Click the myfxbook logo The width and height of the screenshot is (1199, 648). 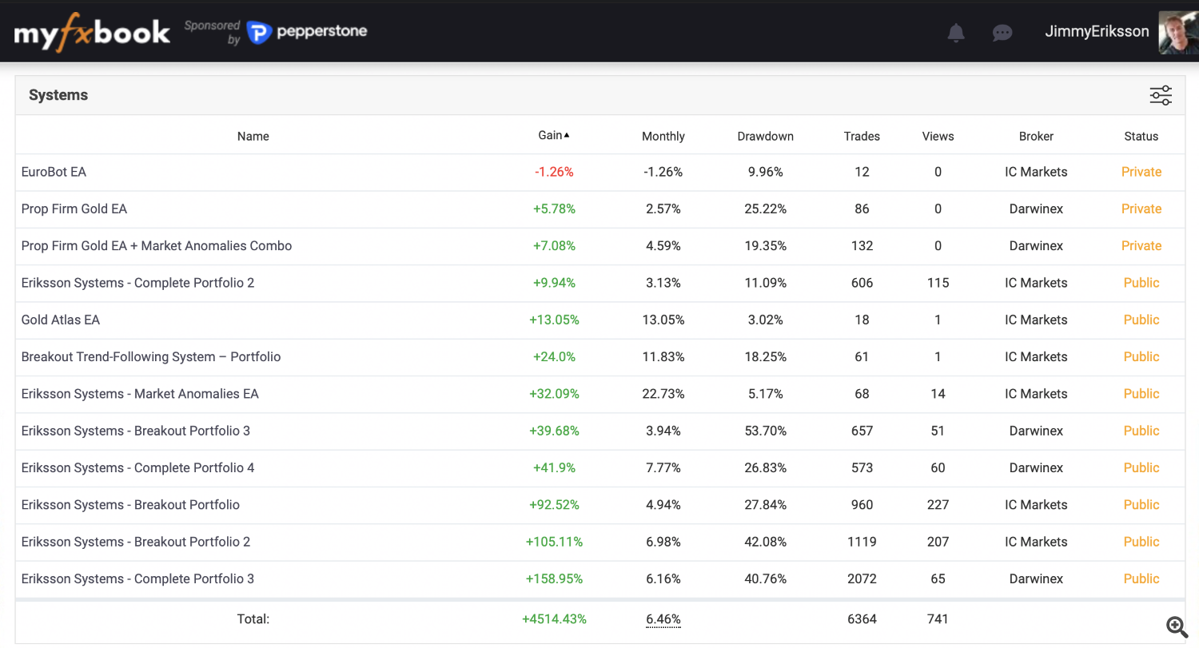coord(92,33)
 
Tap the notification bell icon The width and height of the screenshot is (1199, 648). coord(955,33)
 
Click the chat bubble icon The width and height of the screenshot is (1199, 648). coord(1002,33)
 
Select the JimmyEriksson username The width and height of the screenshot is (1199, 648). coord(1097,32)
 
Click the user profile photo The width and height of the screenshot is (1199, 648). coord(1178,33)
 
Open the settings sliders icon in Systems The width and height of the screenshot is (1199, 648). coord(1161,96)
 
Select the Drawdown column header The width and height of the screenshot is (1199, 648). coord(765,137)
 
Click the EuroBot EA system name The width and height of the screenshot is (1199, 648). coord(54,172)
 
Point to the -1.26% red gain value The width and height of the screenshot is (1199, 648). coord(554,172)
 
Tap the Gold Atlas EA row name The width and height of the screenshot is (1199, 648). coord(61,320)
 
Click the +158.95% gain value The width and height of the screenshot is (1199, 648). coord(554,578)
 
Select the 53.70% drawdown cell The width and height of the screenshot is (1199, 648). coord(765,431)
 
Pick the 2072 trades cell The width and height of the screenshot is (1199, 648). coord(862,578)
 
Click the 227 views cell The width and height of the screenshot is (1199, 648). coord(938,505)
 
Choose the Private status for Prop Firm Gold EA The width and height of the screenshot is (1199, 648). coord(1141,209)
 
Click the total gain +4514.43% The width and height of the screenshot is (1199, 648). coord(554,619)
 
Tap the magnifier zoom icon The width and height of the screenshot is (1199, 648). coord(1176,626)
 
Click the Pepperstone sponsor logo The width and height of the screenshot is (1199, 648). coord(307,33)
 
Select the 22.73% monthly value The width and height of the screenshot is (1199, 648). coord(663,394)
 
